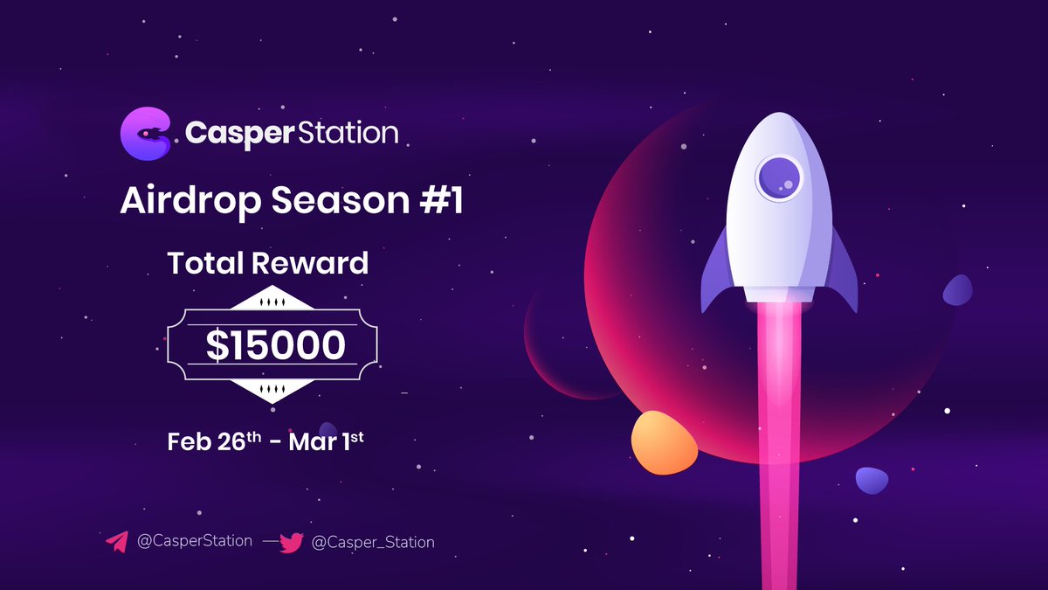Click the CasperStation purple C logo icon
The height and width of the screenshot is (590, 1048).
[146, 134]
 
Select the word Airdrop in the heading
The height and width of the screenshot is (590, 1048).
[190, 201]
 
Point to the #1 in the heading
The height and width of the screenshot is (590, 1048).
[441, 200]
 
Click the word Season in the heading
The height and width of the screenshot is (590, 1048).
[341, 200]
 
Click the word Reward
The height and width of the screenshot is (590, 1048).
[310, 263]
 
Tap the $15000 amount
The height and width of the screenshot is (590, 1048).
[276, 345]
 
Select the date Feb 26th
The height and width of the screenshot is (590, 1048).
[214, 441]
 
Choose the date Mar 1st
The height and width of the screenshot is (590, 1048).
[326, 441]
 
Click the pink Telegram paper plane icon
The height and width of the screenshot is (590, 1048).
[117, 542]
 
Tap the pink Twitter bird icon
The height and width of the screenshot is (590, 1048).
[292, 543]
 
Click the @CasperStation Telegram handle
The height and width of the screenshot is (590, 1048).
[195, 541]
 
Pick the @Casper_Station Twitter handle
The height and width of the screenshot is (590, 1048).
[373, 542]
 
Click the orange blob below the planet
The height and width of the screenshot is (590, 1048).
[664, 442]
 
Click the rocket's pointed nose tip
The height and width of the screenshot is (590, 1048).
[779, 114]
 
